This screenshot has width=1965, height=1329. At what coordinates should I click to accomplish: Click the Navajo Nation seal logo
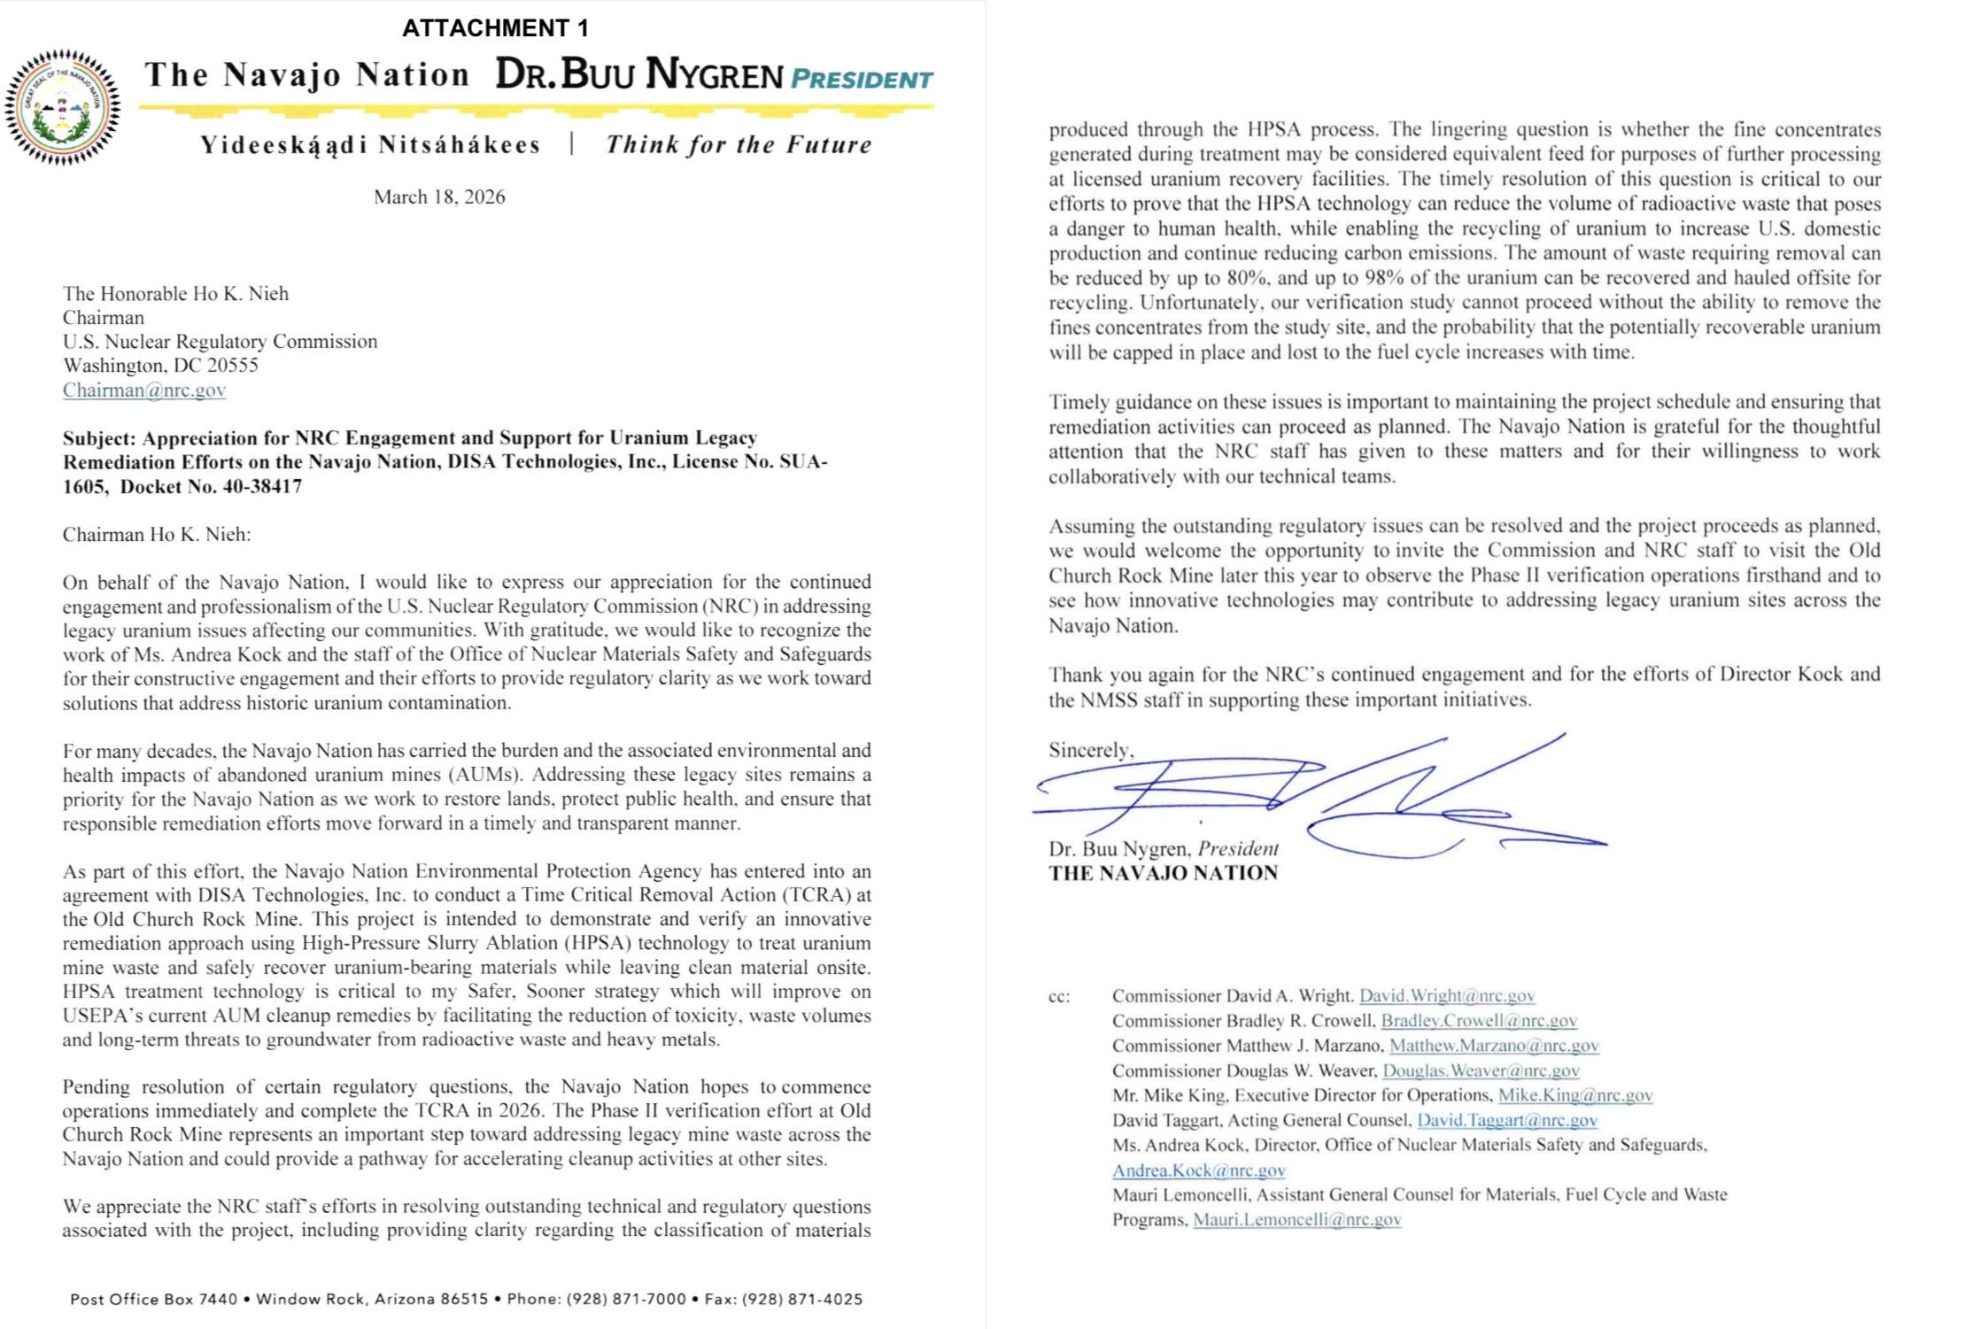(x=62, y=107)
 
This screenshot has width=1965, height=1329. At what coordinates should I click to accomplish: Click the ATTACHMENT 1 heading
(x=495, y=28)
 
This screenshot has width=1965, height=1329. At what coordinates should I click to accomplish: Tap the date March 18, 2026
(x=439, y=197)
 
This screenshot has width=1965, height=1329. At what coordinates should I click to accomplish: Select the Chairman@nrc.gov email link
(x=144, y=390)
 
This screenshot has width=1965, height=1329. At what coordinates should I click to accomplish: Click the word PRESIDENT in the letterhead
(x=861, y=80)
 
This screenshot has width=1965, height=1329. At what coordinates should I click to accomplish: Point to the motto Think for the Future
(x=739, y=144)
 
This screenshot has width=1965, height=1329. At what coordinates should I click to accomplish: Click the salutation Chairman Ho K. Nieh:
(x=157, y=534)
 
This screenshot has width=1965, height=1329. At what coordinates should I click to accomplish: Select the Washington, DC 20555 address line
(x=160, y=365)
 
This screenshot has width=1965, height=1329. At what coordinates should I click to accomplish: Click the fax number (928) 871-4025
(x=801, y=1299)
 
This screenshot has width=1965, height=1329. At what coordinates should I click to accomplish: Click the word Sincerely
(x=1090, y=750)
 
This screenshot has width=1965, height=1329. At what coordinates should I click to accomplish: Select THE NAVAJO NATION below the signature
(x=1163, y=873)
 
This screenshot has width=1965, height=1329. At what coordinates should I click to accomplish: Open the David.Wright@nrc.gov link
(x=1446, y=995)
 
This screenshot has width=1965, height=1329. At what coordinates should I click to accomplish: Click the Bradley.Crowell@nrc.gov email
(x=1479, y=1020)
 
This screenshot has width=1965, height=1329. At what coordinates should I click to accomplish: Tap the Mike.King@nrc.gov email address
(x=1574, y=1095)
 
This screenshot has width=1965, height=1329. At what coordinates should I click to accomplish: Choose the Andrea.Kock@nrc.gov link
(x=1198, y=1170)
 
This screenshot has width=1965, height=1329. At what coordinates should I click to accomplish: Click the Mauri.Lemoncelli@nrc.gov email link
(x=1296, y=1219)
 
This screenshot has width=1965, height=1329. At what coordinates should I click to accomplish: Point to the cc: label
(x=1059, y=996)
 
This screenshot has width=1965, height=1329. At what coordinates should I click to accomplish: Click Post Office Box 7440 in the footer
(x=154, y=1299)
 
